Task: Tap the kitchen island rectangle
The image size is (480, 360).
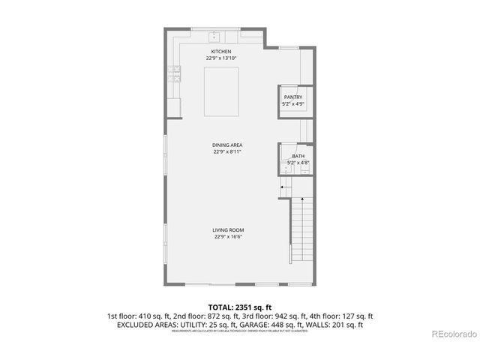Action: pos(222,91)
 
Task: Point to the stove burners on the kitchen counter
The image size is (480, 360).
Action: pos(176,73)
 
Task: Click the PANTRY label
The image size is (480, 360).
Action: pos(292,97)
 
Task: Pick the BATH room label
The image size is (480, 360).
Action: pos(298,156)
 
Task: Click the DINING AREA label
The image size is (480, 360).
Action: pos(226,145)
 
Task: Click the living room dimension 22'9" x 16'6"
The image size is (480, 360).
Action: pos(227,237)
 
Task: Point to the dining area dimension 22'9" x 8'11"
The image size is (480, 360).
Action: pos(226,151)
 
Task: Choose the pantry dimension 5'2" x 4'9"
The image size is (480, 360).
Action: pos(292,103)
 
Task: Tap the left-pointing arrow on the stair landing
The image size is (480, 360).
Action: pos(285,187)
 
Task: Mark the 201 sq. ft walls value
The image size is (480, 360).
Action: pos(348,325)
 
